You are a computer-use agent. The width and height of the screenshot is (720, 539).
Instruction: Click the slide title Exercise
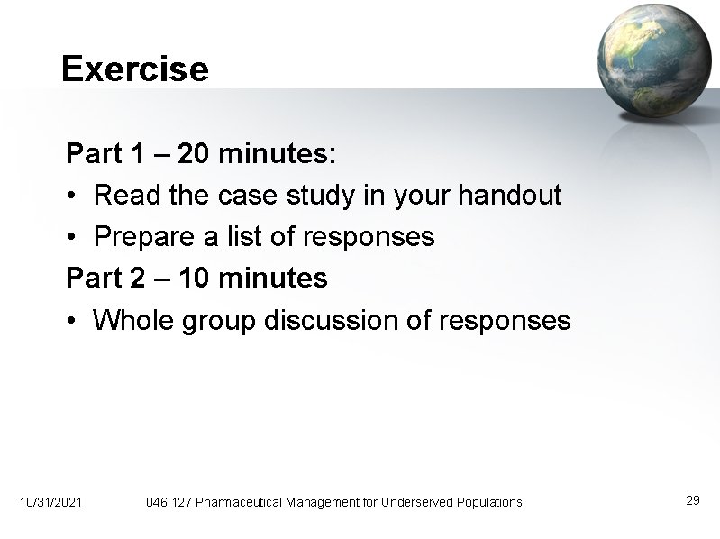coord(134,69)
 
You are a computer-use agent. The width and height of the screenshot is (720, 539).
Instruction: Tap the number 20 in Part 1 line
coord(191,154)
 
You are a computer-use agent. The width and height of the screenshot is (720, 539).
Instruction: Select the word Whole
coord(134,320)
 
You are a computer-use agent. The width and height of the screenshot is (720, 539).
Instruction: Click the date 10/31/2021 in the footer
coord(50,501)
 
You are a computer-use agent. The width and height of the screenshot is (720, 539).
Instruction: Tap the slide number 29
coord(693,500)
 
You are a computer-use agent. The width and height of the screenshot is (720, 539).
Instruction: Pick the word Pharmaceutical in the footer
coord(239,501)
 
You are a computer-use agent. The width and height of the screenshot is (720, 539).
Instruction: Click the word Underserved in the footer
coord(420,501)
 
